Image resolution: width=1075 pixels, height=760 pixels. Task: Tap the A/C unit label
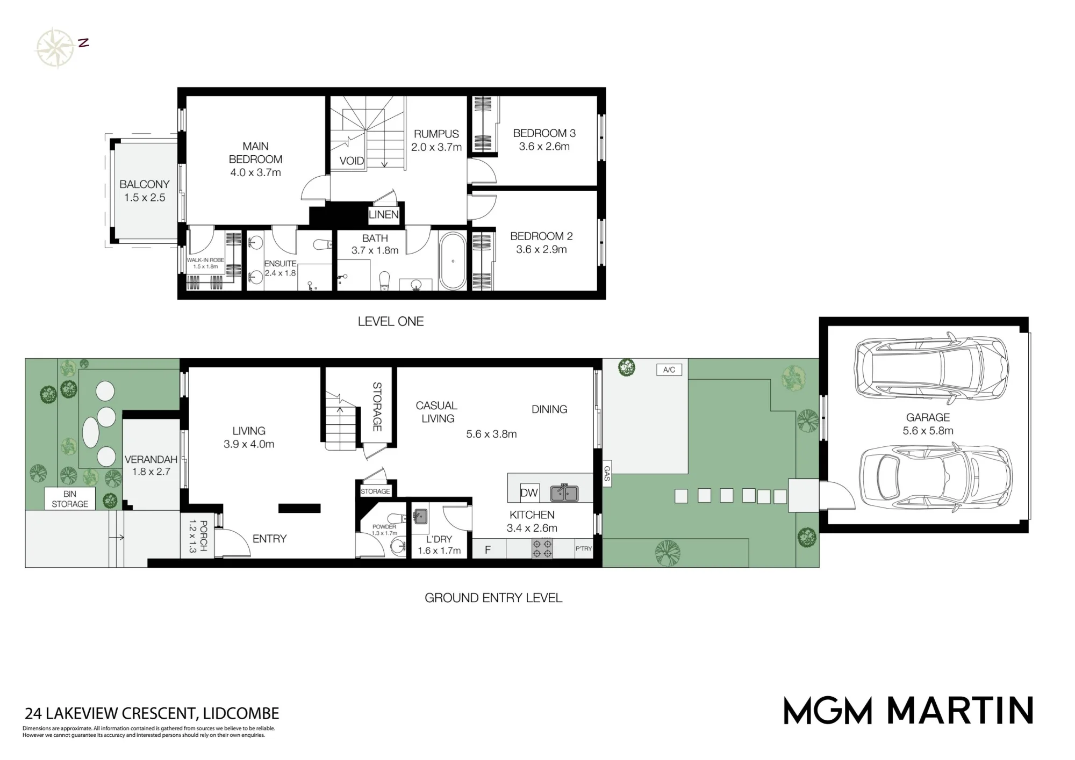tap(669, 370)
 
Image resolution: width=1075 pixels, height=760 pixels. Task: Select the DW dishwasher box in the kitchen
tap(529, 493)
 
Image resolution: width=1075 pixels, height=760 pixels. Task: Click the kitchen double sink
tap(564, 493)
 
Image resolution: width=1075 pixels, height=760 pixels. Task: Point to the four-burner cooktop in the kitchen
tap(542, 548)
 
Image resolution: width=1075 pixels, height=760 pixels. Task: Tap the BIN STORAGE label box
tap(70, 499)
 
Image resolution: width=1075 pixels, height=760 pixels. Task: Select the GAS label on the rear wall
tap(607, 473)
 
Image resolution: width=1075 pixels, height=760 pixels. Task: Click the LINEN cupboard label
tap(384, 215)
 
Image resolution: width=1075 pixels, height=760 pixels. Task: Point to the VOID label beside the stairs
tap(352, 161)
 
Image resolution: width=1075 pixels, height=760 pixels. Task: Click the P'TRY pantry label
tap(584, 548)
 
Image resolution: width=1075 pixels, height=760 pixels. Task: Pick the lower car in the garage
tap(935, 476)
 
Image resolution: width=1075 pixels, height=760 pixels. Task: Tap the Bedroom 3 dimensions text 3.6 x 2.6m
tap(544, 147)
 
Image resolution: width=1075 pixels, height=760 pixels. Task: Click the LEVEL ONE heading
tap(391, 321)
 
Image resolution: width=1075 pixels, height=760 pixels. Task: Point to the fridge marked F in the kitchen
tap(489, 548)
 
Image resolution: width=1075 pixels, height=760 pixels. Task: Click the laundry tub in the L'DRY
tap(420, 516)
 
